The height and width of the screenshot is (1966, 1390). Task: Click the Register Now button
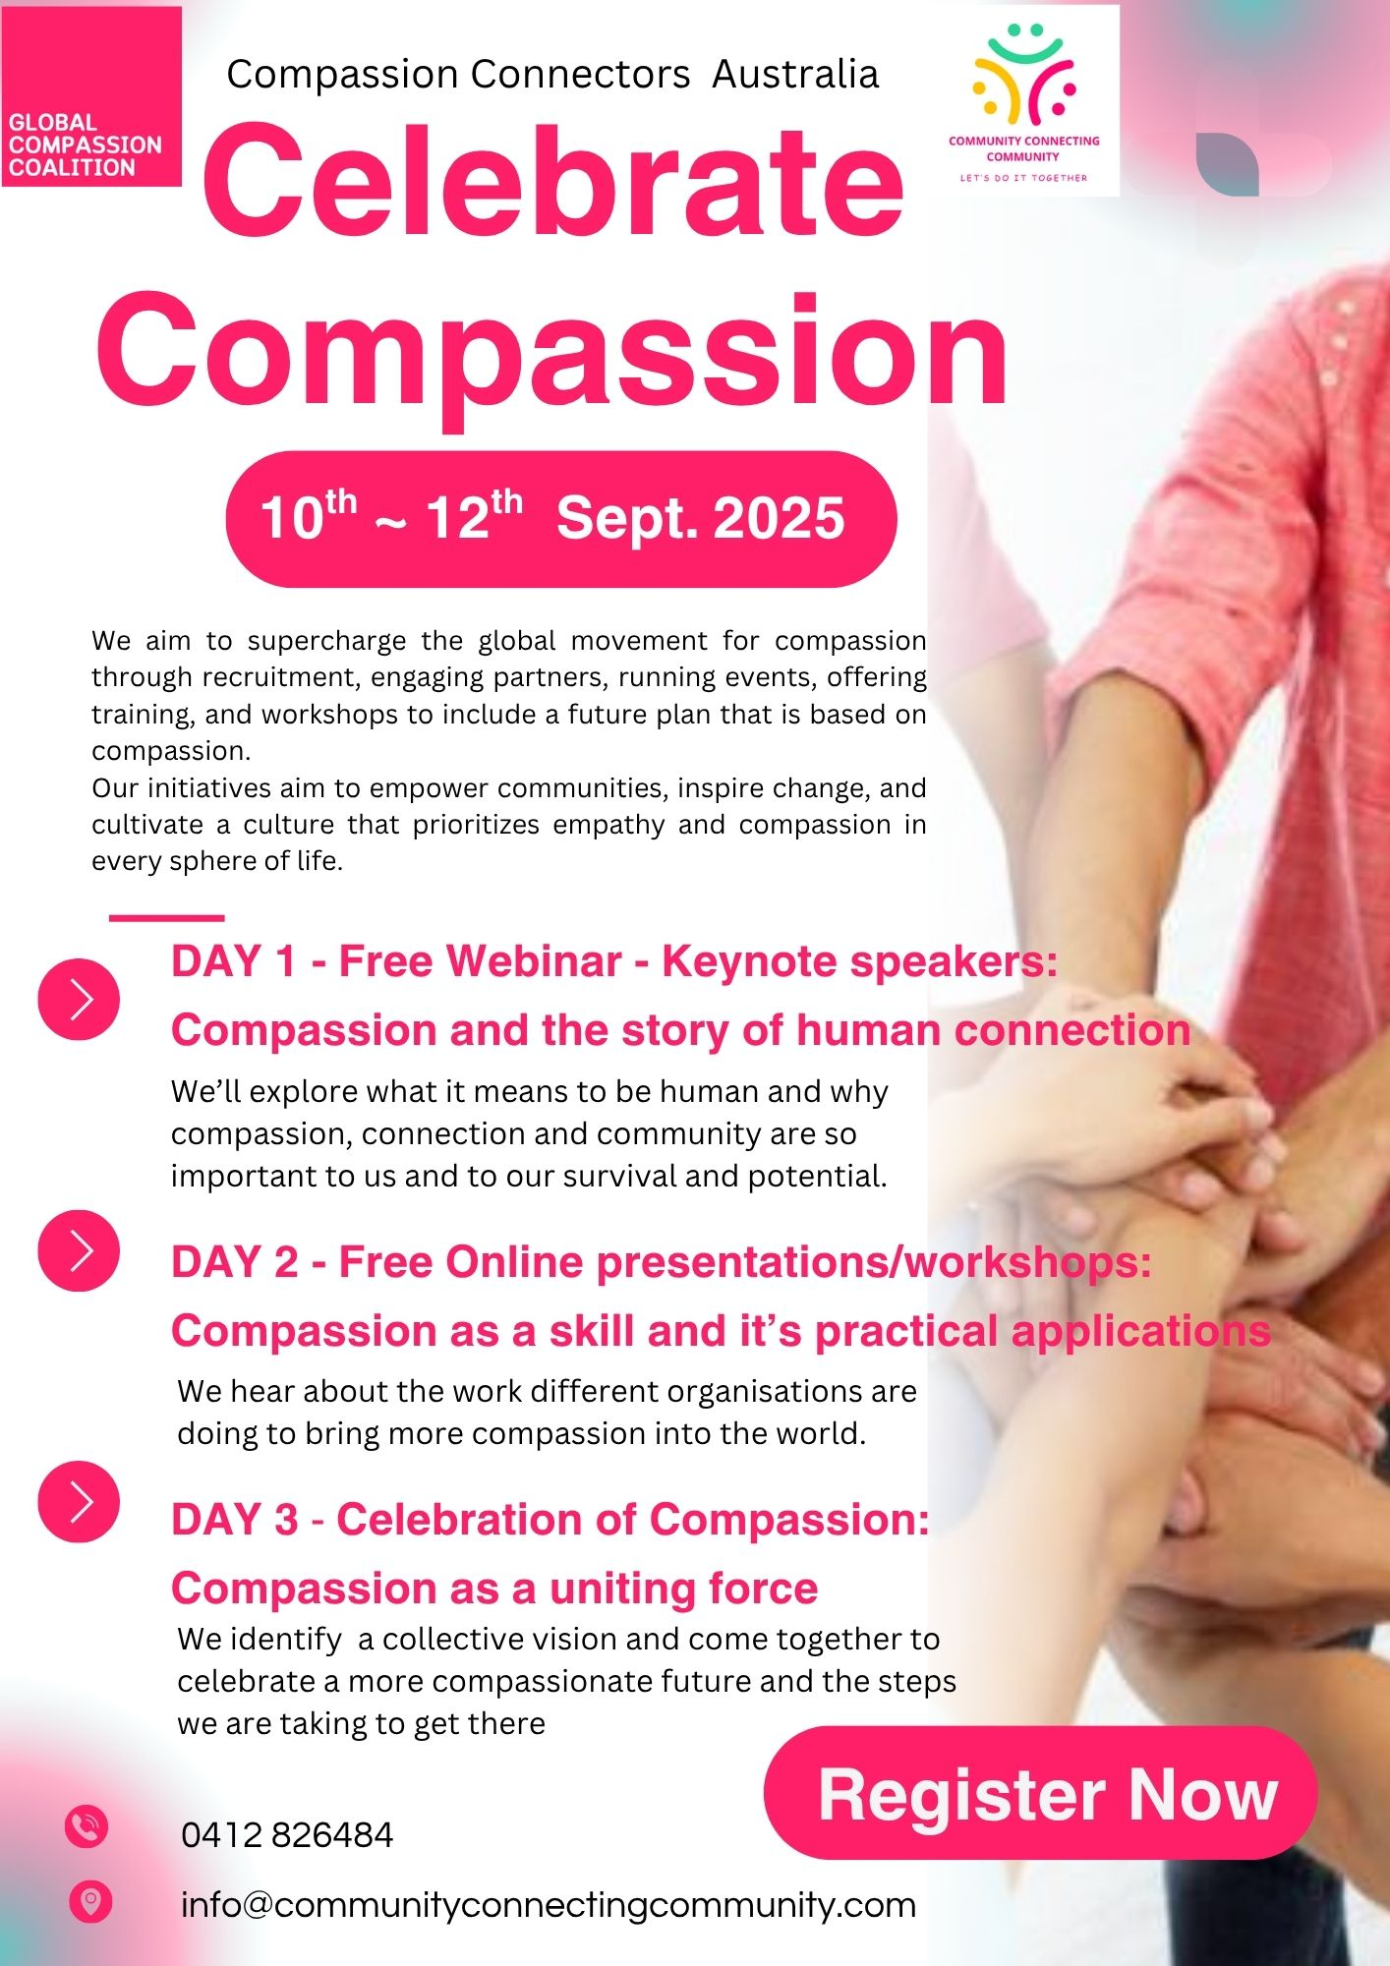[x=1040, y=1795]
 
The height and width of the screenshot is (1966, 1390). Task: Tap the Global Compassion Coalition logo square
[x=91, y=96]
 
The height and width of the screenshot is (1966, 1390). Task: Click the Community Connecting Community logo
[x=1023, y=101]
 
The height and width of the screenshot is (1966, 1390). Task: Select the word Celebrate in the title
[x=553, y=182]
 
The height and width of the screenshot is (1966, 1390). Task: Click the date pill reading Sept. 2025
[x=561, y=519]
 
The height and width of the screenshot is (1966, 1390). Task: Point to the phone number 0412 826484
[x=287, y=1835]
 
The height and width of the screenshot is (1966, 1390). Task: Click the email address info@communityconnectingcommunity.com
[x=549, y=1906]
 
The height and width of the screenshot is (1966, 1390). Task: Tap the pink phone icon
[x=87, y=1827]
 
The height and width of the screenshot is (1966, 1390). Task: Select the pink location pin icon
[x=90, y=1902]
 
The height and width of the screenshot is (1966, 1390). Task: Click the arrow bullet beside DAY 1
[x=79, y=999]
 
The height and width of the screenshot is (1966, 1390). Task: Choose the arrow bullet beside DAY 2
[x=79, y=1250]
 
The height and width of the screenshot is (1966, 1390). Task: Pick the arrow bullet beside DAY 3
[x=79, y=1501]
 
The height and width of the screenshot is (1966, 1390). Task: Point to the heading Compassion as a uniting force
[x=494, y=1589]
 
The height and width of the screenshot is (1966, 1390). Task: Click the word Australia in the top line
[x=795, y=75]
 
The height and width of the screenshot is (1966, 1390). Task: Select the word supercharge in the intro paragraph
[x=326, y=642]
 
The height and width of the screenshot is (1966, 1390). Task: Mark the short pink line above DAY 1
[x=167, y=918]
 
